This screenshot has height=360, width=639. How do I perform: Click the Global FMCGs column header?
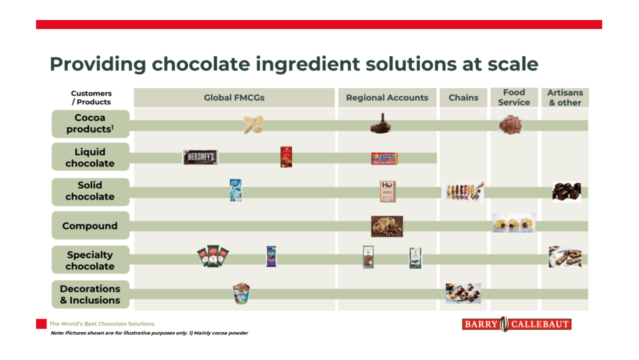click(x=234, y=98)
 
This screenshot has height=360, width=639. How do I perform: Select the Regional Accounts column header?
click(x=387, y=98)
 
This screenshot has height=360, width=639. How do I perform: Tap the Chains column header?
click(x=463, y=98)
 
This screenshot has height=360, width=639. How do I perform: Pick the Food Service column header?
click(x=514, y=97)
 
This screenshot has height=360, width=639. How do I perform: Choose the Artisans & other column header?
click(x=565, y=97)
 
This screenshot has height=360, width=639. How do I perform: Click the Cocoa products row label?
click(x=90, y=124)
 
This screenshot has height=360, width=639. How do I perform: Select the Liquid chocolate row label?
click(x=90, y=157)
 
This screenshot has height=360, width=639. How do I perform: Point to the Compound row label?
click(x=90, y=226)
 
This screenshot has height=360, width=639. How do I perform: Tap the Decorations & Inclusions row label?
click(x=90, y=294)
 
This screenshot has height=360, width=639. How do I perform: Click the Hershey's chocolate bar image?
click(x=200, y=157)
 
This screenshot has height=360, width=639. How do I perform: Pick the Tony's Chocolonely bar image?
click(x=384, y=159)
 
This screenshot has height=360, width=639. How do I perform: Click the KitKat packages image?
click(x=213, y=256)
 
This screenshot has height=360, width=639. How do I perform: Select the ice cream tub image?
click(x=241, y=293)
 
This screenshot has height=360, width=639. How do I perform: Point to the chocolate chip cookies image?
click(x=387, y=226)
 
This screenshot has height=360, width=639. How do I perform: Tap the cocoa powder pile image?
click(x=510, y=124)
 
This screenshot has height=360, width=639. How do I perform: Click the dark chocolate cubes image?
click(x=566, y=192)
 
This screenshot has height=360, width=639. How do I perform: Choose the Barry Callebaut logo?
click(x=517, y=324)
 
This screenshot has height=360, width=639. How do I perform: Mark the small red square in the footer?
click(x=41, y=324)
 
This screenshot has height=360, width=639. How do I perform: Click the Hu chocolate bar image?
click(x=387, y=191)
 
